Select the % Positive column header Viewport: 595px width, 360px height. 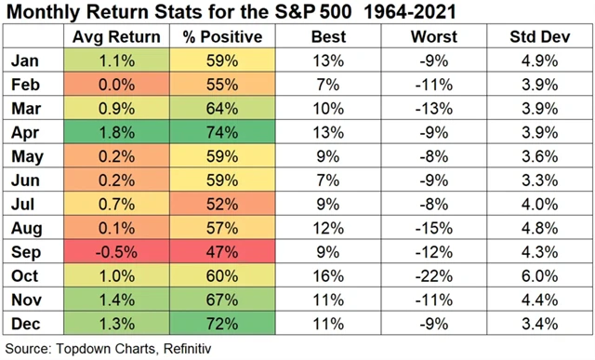point(217,38)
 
